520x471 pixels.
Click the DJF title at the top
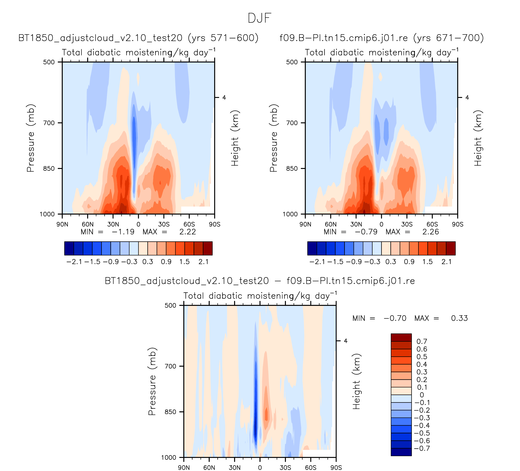(x=259, y=18)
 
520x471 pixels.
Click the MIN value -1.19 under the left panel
(x=123, y=232)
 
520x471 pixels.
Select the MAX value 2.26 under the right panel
(x=431, y=232)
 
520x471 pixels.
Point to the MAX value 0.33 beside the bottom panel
(x=459, y=318)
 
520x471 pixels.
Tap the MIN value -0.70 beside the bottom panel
(x=395, y=318)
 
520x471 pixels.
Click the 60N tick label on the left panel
(x=88, y=224)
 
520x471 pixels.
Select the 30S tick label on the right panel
(x=407, y=224)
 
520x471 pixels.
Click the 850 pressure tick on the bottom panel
(x=170, y=412)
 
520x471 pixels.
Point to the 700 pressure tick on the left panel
(x=49, y=123)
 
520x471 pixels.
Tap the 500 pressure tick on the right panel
(x=292, y=62)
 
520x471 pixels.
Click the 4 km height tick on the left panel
(x=224, y=97)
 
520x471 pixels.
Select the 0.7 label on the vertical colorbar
(x=422, y=341)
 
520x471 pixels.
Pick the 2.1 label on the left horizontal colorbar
(x=203, y=262)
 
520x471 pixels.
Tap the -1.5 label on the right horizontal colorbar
(x=335, y=262)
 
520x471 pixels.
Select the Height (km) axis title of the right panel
(x=478, y=138)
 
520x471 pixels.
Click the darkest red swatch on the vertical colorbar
(x=401, y=337)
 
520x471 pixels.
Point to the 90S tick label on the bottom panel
(x=336, y=468)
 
